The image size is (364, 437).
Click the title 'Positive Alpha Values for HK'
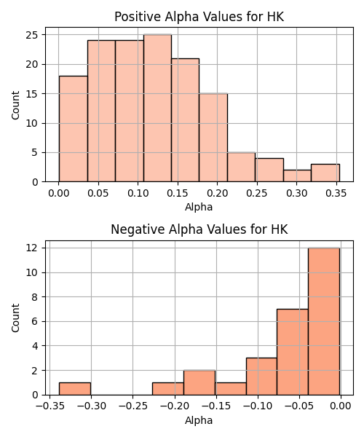[199, 17]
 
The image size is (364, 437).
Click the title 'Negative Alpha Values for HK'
[199, 229]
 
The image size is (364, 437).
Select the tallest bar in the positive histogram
[158, 108]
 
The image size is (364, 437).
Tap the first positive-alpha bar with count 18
[74, 129]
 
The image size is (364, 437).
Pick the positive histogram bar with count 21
[185, 120]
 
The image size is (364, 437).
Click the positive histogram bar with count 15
[213, 138]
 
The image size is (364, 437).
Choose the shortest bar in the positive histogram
[297, 176]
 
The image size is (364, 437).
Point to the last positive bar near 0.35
[325, 173]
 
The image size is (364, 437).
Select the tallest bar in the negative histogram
[324, 321]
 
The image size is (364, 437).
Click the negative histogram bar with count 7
[293, 352]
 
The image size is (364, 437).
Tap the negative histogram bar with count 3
[261, 377]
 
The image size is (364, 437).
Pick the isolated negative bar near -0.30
[75, 389]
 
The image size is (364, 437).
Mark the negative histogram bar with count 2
[199, 382]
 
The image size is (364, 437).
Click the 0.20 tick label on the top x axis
[217, 193]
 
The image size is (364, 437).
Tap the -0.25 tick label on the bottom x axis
[132, 406]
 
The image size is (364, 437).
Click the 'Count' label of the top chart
[15, 106]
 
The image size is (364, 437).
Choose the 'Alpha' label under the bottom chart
[199, 420]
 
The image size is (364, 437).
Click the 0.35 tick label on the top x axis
[336, 193]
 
